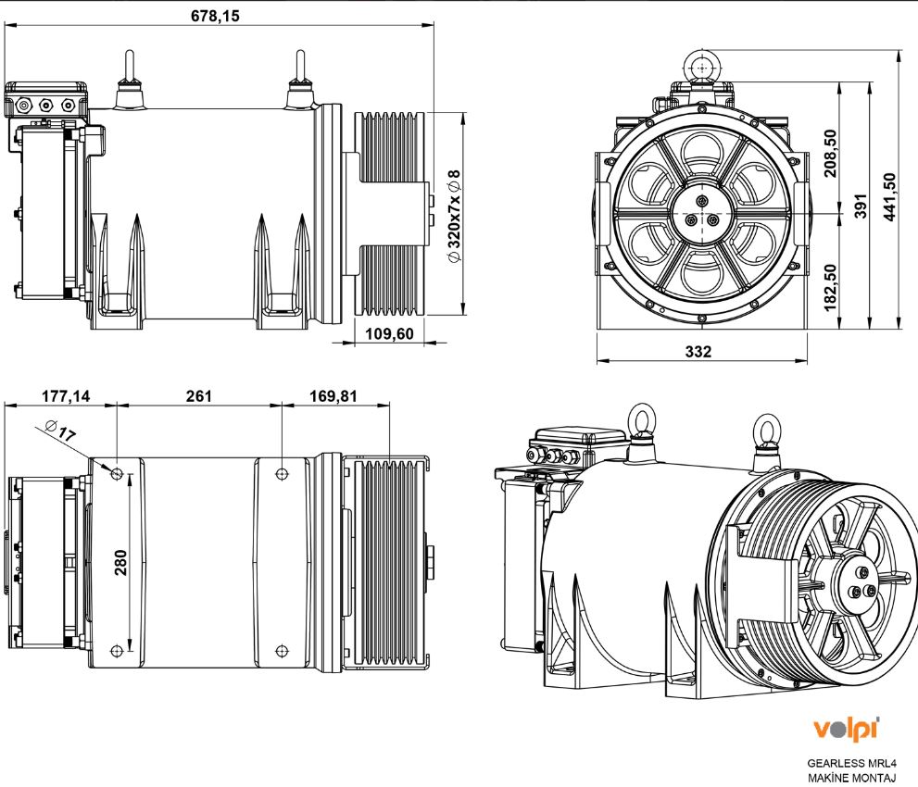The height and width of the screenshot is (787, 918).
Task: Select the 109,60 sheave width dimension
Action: click(x=389, y=334)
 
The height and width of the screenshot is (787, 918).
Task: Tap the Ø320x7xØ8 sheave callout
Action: click(x=453, y=216)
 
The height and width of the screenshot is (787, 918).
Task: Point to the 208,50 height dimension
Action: click(x=831, y=153)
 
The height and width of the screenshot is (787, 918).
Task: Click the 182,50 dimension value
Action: click(x=831, y=285)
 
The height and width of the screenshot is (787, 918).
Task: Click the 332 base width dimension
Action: click(x=698, y=352)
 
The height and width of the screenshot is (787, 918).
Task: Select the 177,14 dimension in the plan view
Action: click(x=66, y=396)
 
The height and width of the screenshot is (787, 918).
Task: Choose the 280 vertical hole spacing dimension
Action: click(x=120, y=562)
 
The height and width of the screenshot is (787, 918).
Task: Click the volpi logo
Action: click(x=845, y=728)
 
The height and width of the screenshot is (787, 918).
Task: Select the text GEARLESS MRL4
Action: click(x=851, y=764)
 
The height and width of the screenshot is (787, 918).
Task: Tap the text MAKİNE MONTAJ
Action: click(x=851, y=778)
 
